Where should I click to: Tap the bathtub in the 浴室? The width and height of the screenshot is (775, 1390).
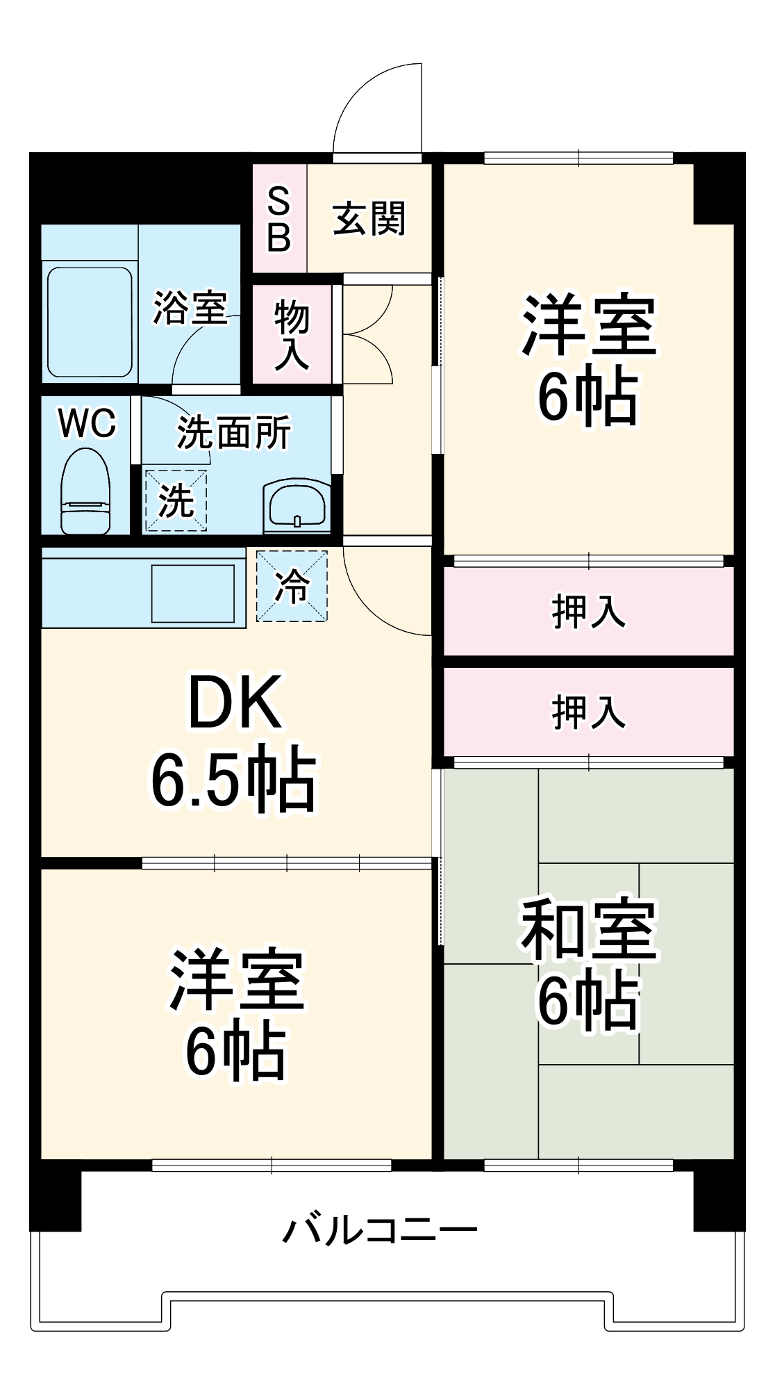(90, 321)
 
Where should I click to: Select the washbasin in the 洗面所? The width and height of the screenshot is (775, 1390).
(297, 505)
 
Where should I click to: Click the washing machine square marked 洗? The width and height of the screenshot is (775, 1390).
(176, 500)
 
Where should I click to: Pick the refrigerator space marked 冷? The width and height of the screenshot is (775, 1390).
(292, 586)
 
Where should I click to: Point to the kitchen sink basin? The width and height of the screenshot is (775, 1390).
(193, 593)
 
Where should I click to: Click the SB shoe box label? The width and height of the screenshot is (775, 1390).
(278, 219)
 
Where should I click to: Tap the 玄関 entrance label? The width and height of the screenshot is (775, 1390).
(369, 219)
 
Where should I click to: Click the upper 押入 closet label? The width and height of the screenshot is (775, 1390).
(588, 612)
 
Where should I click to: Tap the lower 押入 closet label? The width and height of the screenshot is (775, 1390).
(588, 712)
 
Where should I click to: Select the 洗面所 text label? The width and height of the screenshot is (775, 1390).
(233, 432)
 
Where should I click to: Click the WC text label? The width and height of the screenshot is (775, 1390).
(87, 423)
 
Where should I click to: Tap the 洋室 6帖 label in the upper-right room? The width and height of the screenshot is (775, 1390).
(588, 359)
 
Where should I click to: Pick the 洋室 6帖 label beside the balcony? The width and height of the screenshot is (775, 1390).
(236, 1013)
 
